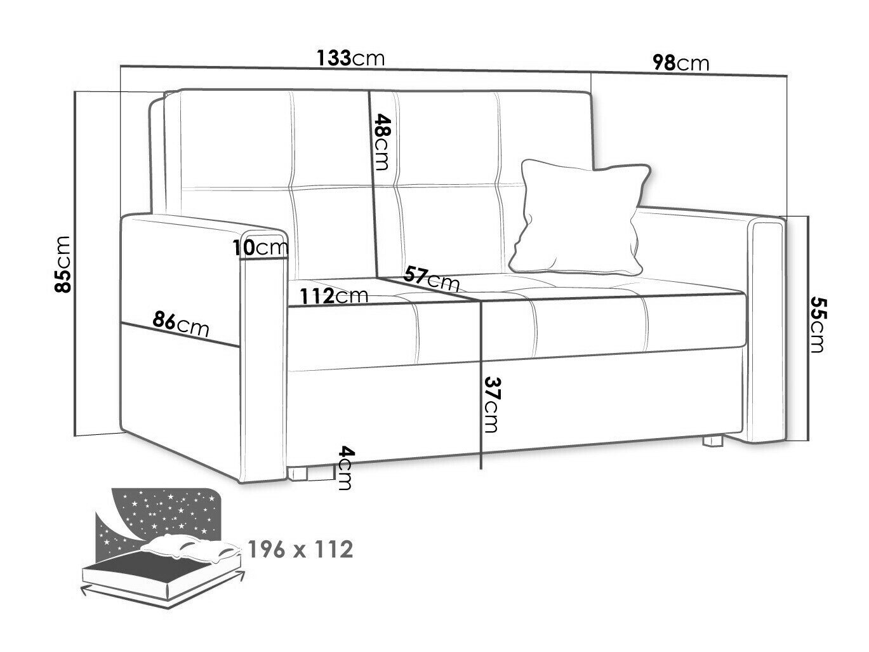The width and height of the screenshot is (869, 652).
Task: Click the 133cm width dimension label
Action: (350, 58)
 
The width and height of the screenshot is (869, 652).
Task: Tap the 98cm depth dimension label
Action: (680, 63)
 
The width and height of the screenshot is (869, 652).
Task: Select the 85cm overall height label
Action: (63, 264)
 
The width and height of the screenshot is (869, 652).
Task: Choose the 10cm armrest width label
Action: (260, 248)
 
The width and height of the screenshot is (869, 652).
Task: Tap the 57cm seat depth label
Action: (431, 279)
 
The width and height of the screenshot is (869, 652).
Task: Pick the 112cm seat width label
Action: (334, 296)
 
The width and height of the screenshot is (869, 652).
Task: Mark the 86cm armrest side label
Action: (180, 324)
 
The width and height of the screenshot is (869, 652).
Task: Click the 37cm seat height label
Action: (491, 404)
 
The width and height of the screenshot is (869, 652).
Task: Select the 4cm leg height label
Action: (345, 467)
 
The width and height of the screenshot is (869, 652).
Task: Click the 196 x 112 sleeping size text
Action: (300, 549)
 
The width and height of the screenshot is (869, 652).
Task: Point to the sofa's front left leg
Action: (298, 474)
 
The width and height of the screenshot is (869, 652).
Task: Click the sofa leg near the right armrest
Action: (712, 441)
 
